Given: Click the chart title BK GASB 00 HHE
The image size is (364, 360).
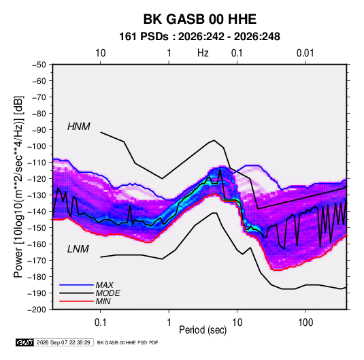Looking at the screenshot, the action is click(199, 19).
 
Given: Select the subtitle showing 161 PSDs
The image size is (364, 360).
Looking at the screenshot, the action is click(199, 37).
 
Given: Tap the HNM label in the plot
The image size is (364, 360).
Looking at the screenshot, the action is click(79, 127).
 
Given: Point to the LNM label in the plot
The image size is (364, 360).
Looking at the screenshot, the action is click(78, 249).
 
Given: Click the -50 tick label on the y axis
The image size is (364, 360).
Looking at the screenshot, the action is click(39, 65).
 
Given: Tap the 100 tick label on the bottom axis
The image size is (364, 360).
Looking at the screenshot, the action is click(305, 323).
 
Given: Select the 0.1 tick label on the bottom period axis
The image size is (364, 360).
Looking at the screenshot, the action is click(100, 323).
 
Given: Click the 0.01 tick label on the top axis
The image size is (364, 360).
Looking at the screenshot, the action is click(305, 53).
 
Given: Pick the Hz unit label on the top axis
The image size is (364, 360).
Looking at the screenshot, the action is click(203, 53).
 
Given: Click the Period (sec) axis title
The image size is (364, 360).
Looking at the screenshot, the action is click(203, 330).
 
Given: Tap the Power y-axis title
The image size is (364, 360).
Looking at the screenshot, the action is click(18, 186).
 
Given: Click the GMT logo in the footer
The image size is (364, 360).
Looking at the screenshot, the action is click(25, 342).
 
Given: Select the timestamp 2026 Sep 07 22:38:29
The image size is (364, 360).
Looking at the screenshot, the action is click(63, 342).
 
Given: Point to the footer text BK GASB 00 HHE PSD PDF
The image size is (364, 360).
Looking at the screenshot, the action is click(127, 342).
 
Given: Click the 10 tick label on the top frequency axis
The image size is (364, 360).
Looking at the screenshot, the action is click(101, 53).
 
